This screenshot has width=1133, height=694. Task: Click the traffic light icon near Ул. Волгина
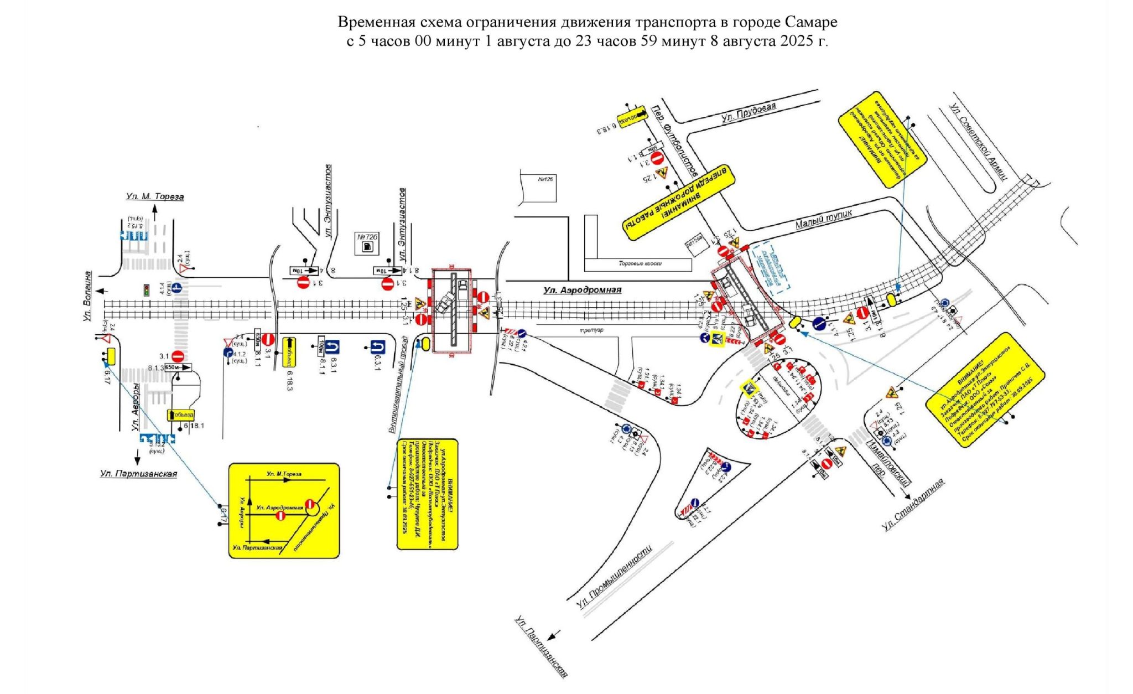tap(147, 290)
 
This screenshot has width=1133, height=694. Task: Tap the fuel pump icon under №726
tap(367, 247)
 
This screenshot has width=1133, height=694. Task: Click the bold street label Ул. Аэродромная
tap(582, 289)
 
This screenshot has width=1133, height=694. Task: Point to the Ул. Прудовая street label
tap(748, 112)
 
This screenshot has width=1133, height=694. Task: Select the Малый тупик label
tap(823, 219)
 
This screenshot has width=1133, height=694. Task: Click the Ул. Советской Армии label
tap(979, 142)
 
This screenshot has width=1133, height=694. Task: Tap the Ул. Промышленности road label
tap(614, 576)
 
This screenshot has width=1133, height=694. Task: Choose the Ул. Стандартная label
tap(913, 505)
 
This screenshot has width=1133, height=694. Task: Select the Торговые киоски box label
tap(640, 264)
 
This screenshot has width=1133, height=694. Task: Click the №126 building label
tap(546, 179)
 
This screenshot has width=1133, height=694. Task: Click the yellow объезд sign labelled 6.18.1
tap(181, 415)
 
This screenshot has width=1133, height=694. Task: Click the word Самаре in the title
tap(810, 22)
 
